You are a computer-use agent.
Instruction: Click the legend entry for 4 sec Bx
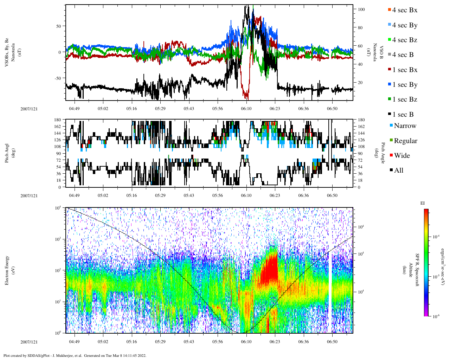(404, 10)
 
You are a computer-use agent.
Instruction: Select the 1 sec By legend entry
(404, 85)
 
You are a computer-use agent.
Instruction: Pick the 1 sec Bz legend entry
(404, 99)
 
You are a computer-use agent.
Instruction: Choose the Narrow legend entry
(405, 126)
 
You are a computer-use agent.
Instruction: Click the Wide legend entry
(401, 156)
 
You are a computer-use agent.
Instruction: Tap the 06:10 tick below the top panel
(246, 109)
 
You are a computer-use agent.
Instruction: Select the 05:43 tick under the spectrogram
(189, 342)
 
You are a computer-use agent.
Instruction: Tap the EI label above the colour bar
(423, 203)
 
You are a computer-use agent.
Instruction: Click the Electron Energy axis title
(7, 270)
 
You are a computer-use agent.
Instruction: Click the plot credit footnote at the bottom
(75, 355)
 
